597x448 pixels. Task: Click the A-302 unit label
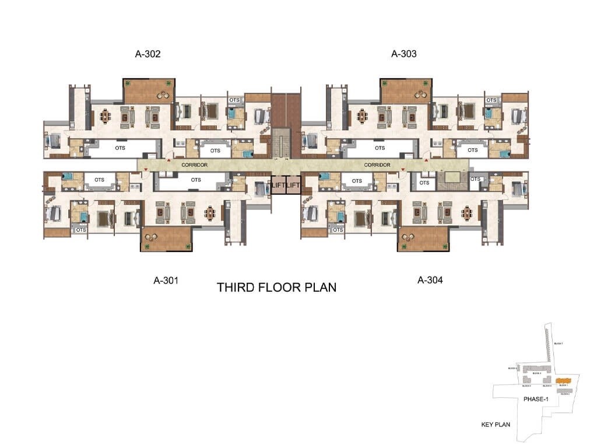coord(148,54)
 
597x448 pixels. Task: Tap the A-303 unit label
coord(403,54)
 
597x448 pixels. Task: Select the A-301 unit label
coord(166,280)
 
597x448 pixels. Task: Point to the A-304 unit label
coord(430,280)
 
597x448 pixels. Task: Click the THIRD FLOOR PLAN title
coord(276,288)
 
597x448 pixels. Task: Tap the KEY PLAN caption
coord(496,424)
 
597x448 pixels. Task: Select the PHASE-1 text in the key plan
coord(536,399)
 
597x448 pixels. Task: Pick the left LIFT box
coord(278,185)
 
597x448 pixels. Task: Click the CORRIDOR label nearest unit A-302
coord(195,165)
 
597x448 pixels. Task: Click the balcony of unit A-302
coord(149,90)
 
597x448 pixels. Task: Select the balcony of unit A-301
coord(166,239)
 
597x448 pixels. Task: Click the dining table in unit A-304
coord(469,213)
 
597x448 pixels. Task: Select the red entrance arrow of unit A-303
coord(426,160)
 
